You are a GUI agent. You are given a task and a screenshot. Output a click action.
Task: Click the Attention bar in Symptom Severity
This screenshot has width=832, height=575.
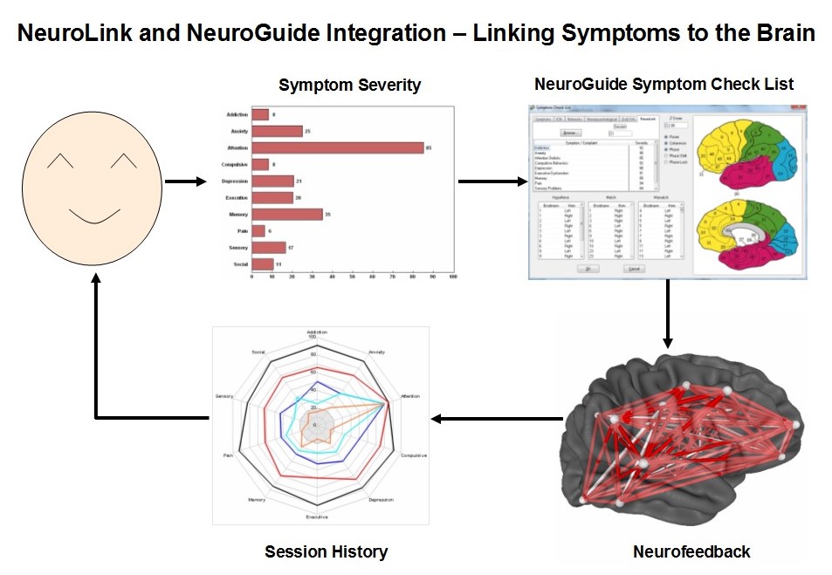pos(337,148)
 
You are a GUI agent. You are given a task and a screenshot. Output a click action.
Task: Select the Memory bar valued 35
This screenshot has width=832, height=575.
pos(286,215)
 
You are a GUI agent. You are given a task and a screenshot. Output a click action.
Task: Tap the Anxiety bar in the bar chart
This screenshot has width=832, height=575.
pos(277,132)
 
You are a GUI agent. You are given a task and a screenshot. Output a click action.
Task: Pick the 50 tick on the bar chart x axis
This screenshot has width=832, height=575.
pos(353,277)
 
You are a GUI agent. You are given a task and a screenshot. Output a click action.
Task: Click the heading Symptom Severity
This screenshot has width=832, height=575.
pos(349,85)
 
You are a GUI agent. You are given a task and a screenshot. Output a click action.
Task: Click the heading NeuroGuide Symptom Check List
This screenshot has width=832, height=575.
pos(664,84)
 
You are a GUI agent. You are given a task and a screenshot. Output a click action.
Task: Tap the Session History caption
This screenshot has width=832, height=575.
pos(326,551)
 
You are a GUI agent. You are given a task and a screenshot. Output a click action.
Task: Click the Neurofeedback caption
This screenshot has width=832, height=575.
pos(691,551)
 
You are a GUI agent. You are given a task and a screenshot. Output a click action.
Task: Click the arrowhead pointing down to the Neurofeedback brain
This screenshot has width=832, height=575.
pos(667,341)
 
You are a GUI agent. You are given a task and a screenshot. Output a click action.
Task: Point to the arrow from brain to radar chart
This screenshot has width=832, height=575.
pos(498,419)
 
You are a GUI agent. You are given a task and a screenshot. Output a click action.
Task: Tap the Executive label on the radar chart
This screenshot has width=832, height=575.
pos(317,517)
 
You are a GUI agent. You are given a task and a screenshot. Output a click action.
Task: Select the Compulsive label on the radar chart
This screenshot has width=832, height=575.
pos(413,455)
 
